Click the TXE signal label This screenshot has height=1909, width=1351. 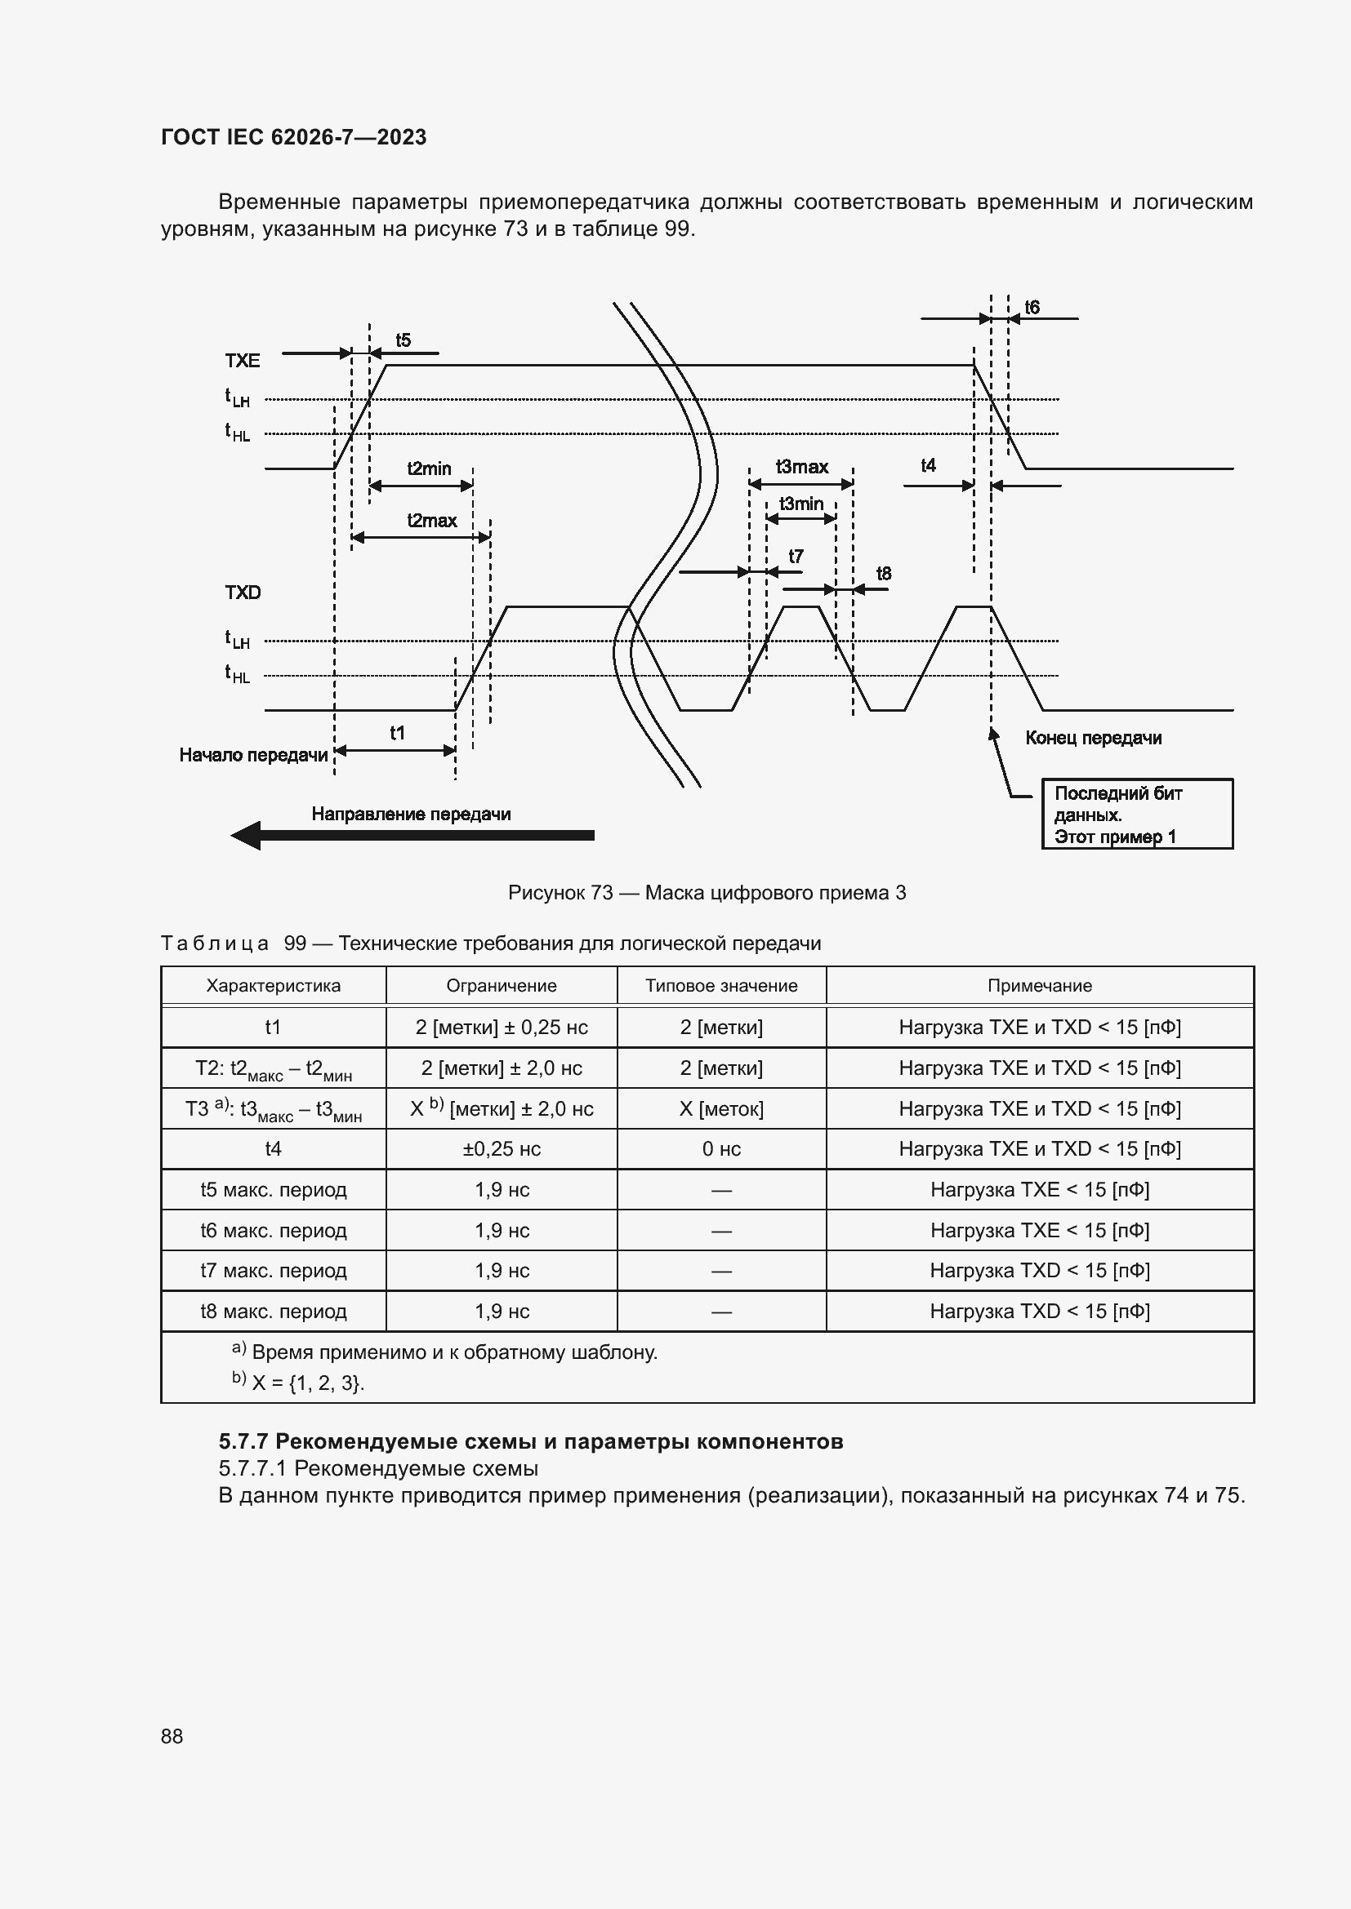click(x=242, y=360)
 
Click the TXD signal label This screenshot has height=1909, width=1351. click(x=242, y=592)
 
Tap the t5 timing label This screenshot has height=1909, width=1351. click(x=403, y=340)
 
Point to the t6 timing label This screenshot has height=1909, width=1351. click(x=1032, y=308)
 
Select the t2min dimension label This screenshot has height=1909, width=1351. click(x=430, y=468)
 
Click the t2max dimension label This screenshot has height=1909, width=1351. click(x=432, y=521)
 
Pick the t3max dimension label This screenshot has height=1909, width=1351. click(x=802, y=467)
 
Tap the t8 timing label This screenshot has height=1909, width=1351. click(x=884, y=573)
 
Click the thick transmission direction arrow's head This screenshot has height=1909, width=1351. click(x=246, y=835)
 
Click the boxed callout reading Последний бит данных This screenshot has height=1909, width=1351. click(x=1136, y=814)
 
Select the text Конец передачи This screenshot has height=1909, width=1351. click(x=1092, y=738)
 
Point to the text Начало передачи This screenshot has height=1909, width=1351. click(x=254, y=755)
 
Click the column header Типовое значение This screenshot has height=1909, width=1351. click(x=721, y=985)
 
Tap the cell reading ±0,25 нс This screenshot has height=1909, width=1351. click(x=502, y=1148)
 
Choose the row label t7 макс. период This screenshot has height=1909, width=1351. click(x=273, y=1270)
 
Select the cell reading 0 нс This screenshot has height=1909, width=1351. click(x=721, y=1148)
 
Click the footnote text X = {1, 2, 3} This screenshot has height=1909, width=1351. click(x=308, y=1382)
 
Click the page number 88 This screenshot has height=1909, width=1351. click(x=172, y=1735)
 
